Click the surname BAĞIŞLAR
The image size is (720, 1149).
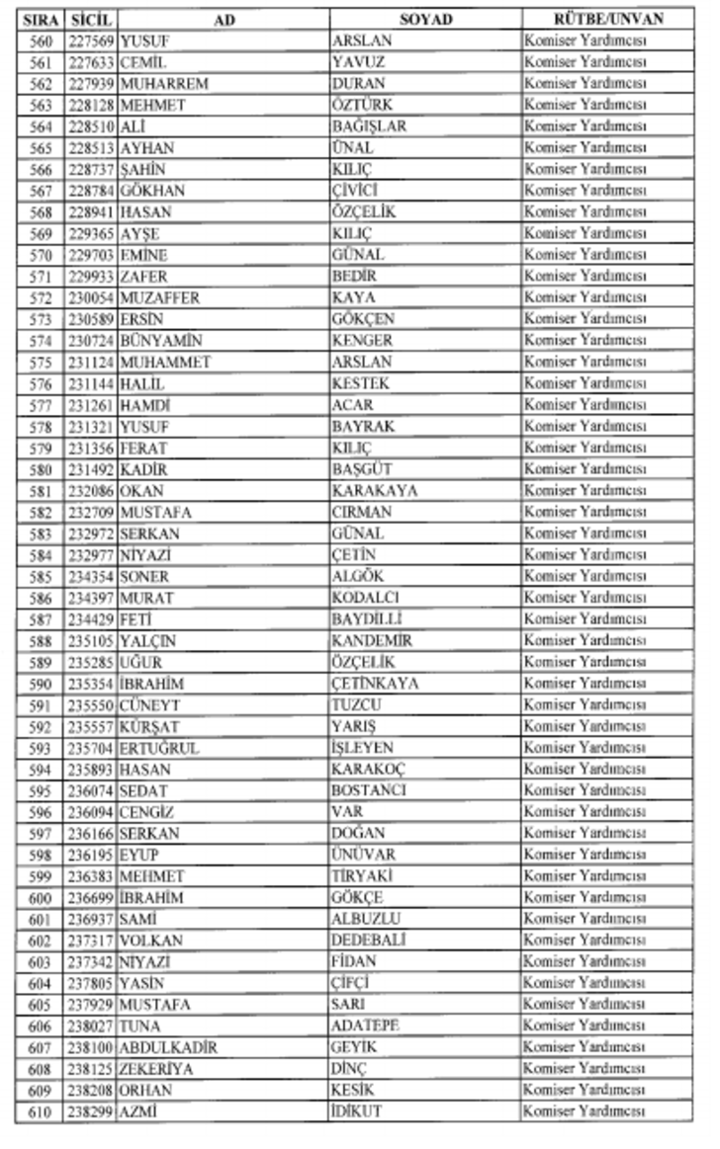[369, 126]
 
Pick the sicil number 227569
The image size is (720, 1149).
[92, 41]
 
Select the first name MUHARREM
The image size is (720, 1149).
[164, 84]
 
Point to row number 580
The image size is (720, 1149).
[41, 469]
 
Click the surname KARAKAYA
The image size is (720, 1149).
[374, 491]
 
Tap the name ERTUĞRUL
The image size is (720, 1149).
[159, 748]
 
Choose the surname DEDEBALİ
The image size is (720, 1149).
[368, 941]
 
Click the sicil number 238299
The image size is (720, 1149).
[92, 1111]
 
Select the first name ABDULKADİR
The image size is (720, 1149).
[168, 1047]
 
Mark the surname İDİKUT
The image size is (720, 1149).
[356, 1111]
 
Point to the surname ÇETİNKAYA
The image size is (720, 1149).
[375, 684]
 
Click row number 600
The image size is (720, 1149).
[41, 898]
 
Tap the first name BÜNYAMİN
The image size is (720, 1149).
[161, 341]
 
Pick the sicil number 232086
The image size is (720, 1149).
[92, 491]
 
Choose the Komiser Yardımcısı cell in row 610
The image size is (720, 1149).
[585, 1111]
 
